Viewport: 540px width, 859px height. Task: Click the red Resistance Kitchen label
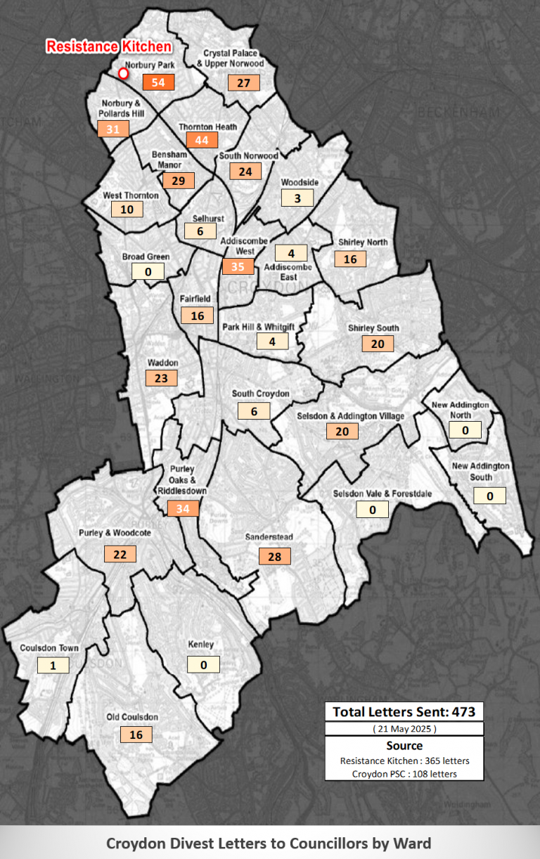(x=109, y=47)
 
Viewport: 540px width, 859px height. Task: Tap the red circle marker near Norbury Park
(x=123, y=73)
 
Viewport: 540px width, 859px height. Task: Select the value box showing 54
(x=158, y=82)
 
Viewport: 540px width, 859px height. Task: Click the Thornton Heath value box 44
(x=202, y=140)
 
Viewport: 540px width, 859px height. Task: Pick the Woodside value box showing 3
(x=297, y=198)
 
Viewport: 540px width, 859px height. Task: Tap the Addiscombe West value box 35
(x=238, y=266)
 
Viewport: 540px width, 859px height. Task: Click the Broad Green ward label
(x=146, y=257)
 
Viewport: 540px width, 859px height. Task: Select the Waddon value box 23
(x=161, y=377)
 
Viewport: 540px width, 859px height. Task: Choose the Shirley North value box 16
(x=350, y=259)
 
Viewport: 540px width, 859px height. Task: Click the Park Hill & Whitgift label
(x=258, y=327)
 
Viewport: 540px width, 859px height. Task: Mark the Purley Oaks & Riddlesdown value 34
(x=184, y=508)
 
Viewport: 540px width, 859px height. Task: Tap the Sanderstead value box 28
(x=274, y=557)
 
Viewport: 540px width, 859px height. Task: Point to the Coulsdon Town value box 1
(x=53, y=665)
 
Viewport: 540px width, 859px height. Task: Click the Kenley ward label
(x=201, y=645)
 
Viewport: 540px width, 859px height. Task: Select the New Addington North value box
(x=465, y=430)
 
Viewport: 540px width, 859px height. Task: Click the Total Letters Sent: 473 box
(x=404, y=711)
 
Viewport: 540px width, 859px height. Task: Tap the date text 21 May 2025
(x=404, y=729)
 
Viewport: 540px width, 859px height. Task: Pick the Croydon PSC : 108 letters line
(x=404, y=773)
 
